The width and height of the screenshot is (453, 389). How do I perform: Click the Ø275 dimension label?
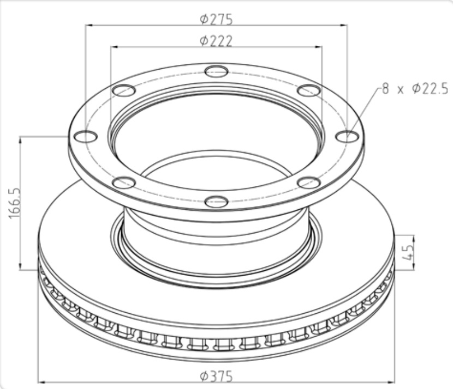pos(216,19)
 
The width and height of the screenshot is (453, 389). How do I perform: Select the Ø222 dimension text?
pos(216,41)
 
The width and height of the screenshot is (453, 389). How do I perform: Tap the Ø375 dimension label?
pos(216,376)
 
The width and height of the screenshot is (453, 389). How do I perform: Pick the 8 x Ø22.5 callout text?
pos(415,88)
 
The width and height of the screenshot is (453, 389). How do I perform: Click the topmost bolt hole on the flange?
pos(216,71)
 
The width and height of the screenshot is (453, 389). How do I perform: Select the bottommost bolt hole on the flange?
pos(216,201)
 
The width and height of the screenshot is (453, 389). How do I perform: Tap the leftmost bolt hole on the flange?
pos(86,136)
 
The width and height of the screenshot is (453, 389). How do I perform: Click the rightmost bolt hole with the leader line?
pos(347,136)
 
